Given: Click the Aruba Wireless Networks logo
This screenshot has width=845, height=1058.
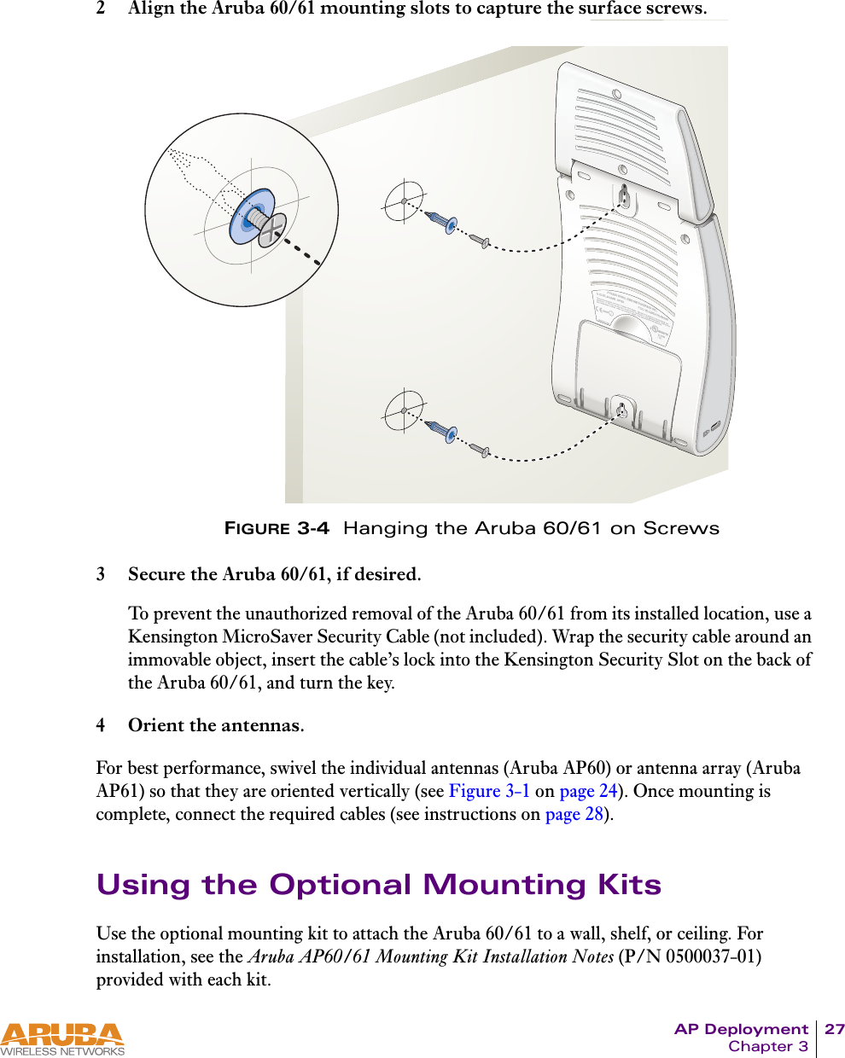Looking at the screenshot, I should click(62, 1039).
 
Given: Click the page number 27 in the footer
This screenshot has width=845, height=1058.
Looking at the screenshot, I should click(834, 1029).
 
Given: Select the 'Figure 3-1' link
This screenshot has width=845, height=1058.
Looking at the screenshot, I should click(489, 791).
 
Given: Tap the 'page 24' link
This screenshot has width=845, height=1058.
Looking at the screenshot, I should click(587, 791).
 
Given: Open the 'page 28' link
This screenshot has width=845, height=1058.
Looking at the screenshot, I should click(574, 814).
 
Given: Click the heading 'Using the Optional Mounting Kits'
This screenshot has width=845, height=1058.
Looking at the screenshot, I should click(379, 885).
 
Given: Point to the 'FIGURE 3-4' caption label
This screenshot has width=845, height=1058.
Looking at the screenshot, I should click(277, 528).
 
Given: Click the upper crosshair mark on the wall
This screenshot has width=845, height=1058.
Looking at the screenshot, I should click(403, 201).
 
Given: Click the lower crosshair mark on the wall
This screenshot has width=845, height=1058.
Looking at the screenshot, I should click(403, 410).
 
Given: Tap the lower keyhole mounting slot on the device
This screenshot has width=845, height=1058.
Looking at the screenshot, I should click(621, 410).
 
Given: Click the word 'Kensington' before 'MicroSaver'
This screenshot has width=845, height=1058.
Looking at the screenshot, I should click(173, 637).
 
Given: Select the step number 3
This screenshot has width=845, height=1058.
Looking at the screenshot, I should click(101, 574).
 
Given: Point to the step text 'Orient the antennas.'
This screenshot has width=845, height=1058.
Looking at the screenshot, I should click(216, 725).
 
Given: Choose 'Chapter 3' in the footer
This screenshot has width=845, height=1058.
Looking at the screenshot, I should click(767, 1047).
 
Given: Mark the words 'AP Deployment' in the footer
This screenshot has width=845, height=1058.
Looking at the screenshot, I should click(741, 1029).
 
